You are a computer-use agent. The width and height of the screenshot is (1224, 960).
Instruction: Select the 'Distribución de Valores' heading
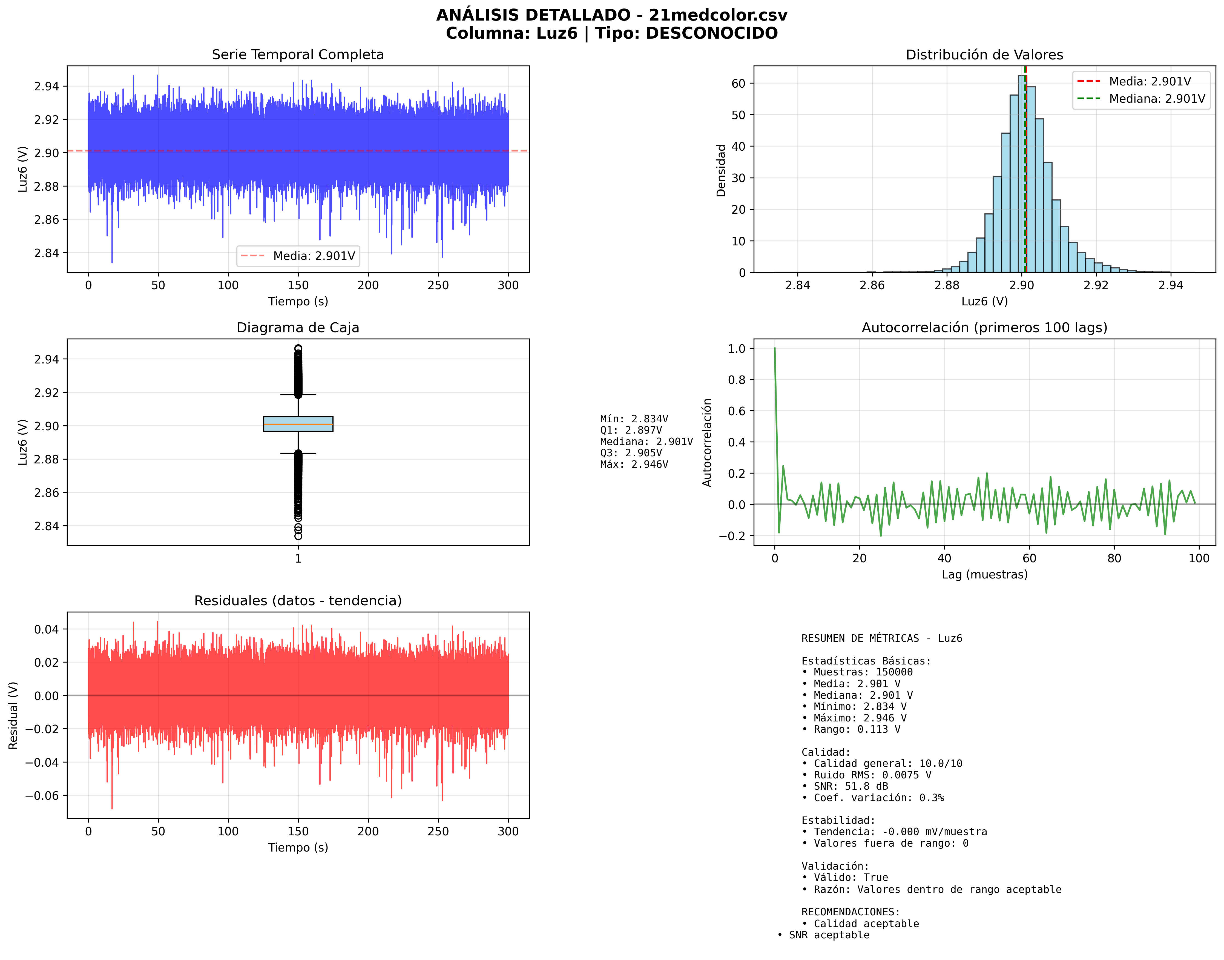pyautogui.click(x=984, y=55)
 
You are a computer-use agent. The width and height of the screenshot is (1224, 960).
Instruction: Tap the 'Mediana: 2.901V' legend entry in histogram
pyautogui.click(x=1157, y=99)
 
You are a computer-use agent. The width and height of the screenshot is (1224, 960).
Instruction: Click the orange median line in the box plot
pyautogui.click(x=298, y=424)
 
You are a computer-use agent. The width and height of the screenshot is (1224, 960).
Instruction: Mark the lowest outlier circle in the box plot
pyautogui.click(x=298, y=536)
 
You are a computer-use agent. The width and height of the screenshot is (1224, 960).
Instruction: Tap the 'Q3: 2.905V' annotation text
pyautogui.click(x=631, y=452)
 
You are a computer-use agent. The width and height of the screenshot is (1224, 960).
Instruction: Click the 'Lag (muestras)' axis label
pyautogui.click(x=984, y=574)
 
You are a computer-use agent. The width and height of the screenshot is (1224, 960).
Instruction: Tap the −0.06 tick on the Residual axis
pyautogui.click(x=42, y=795)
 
